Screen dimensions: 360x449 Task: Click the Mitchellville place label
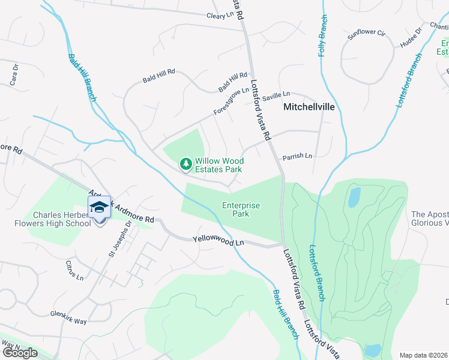(309, 107)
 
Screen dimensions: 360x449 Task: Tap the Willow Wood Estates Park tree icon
(186, 163)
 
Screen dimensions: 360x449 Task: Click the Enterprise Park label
(241, 209)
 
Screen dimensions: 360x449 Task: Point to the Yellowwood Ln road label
(218, 241)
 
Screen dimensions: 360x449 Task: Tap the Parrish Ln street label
(298, 156)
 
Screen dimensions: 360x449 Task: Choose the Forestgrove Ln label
(231, 102)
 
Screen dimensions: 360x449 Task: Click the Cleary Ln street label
(219, 16)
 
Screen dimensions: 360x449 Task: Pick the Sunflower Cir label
(366, 34)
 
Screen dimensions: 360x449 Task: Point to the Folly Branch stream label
(324, 36)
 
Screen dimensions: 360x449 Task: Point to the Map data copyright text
(424, 355)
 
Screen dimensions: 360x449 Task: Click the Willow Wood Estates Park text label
(218, 165)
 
